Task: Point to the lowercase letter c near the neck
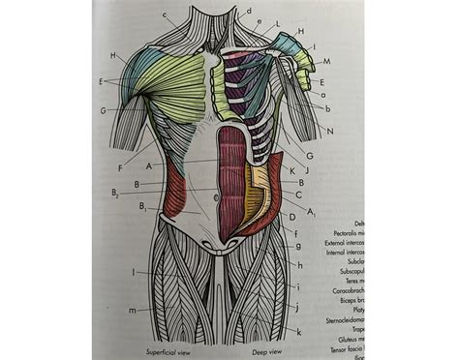point(166,15)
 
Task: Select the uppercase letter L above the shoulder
point(278,23)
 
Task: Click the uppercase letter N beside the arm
point(331,131)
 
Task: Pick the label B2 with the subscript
point(115,194)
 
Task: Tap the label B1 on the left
point(143,206)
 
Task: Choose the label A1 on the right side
point(311,210)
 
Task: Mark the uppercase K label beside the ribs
point(291,169)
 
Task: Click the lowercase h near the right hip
point(300,265)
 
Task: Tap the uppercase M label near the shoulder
point(327,61)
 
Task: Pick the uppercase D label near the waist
point(291,218)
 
